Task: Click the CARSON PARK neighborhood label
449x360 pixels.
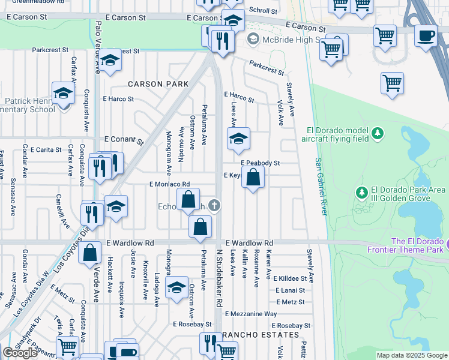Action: click(x=154, y=84)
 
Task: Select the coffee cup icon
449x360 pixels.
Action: click(x=426, y=35)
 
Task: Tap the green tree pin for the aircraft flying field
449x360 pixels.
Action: click(x=377, y=133)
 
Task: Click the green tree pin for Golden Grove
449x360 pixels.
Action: click(x=361, y=193)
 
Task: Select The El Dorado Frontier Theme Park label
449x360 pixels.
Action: click(x=418, y=246)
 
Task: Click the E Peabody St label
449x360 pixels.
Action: click(x=261, y=163)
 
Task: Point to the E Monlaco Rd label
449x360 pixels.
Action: click(x=170, y=184)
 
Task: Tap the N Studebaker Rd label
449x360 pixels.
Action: click(x=219, y=277)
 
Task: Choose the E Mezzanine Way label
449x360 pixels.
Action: click(x=251, y=314)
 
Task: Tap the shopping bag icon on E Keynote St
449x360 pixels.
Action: click(x=253, y=178)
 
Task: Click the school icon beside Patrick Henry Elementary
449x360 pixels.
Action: click(x=62, y=94)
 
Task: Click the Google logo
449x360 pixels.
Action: click(x=20, y=353)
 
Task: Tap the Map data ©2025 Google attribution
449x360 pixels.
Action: click(x=411, y=355)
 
